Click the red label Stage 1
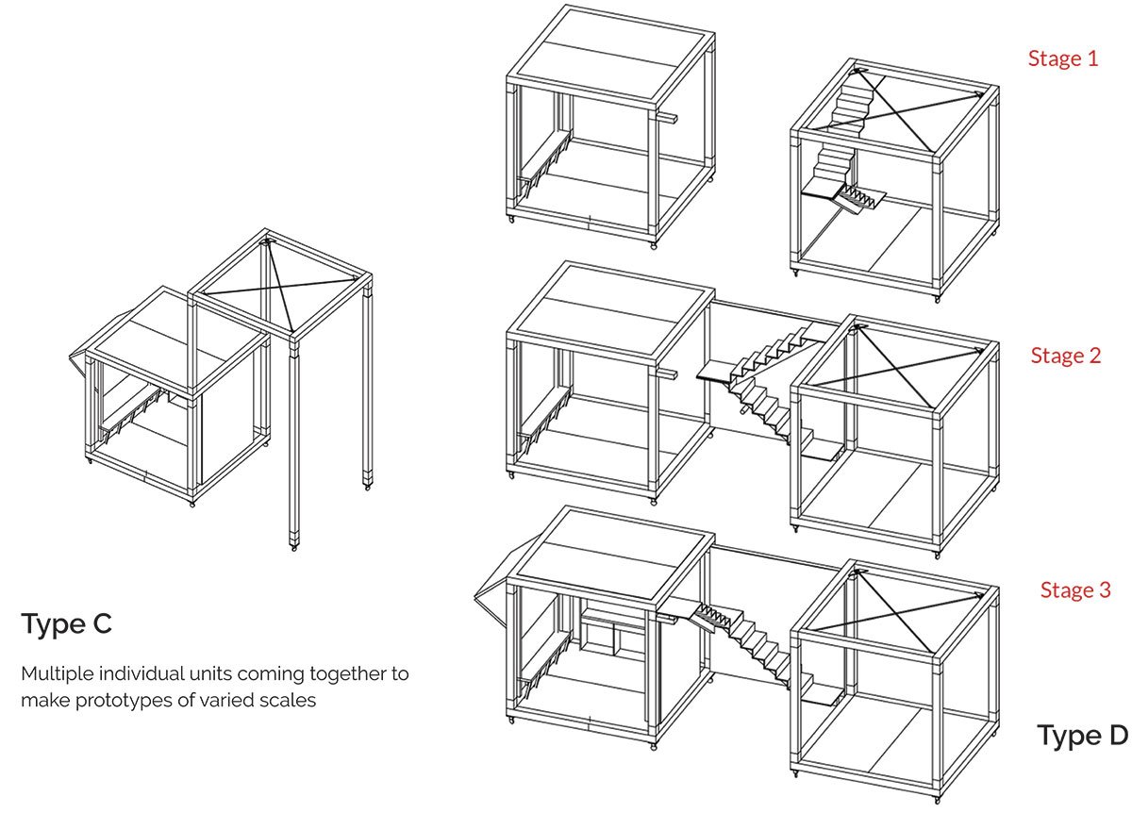pos(1063,58)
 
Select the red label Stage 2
pos(1066,356)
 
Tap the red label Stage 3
pos(1075,590)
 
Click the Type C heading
pos(67,624)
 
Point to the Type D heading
pos(1082,736)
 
